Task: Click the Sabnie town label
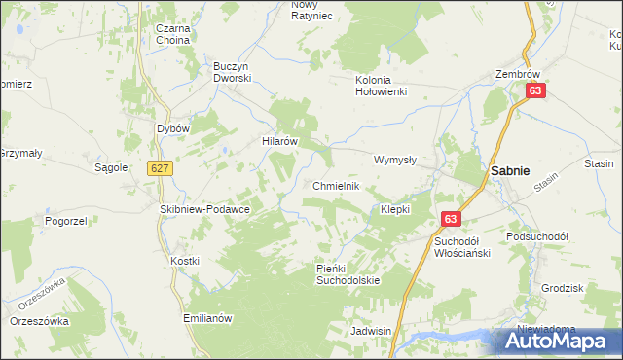(510, 170)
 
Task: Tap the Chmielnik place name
(337, 186)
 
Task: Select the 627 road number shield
(161, 168)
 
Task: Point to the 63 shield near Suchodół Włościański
(450, 221)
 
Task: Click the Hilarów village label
(279, 141)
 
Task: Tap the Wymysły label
(395, 160)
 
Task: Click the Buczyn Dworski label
(234, 72)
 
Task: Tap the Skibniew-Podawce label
(205, 209)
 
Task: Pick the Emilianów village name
(209, 318)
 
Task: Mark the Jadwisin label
(371, 331)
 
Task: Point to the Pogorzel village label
(66, 221)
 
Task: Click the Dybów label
(172, 127)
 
